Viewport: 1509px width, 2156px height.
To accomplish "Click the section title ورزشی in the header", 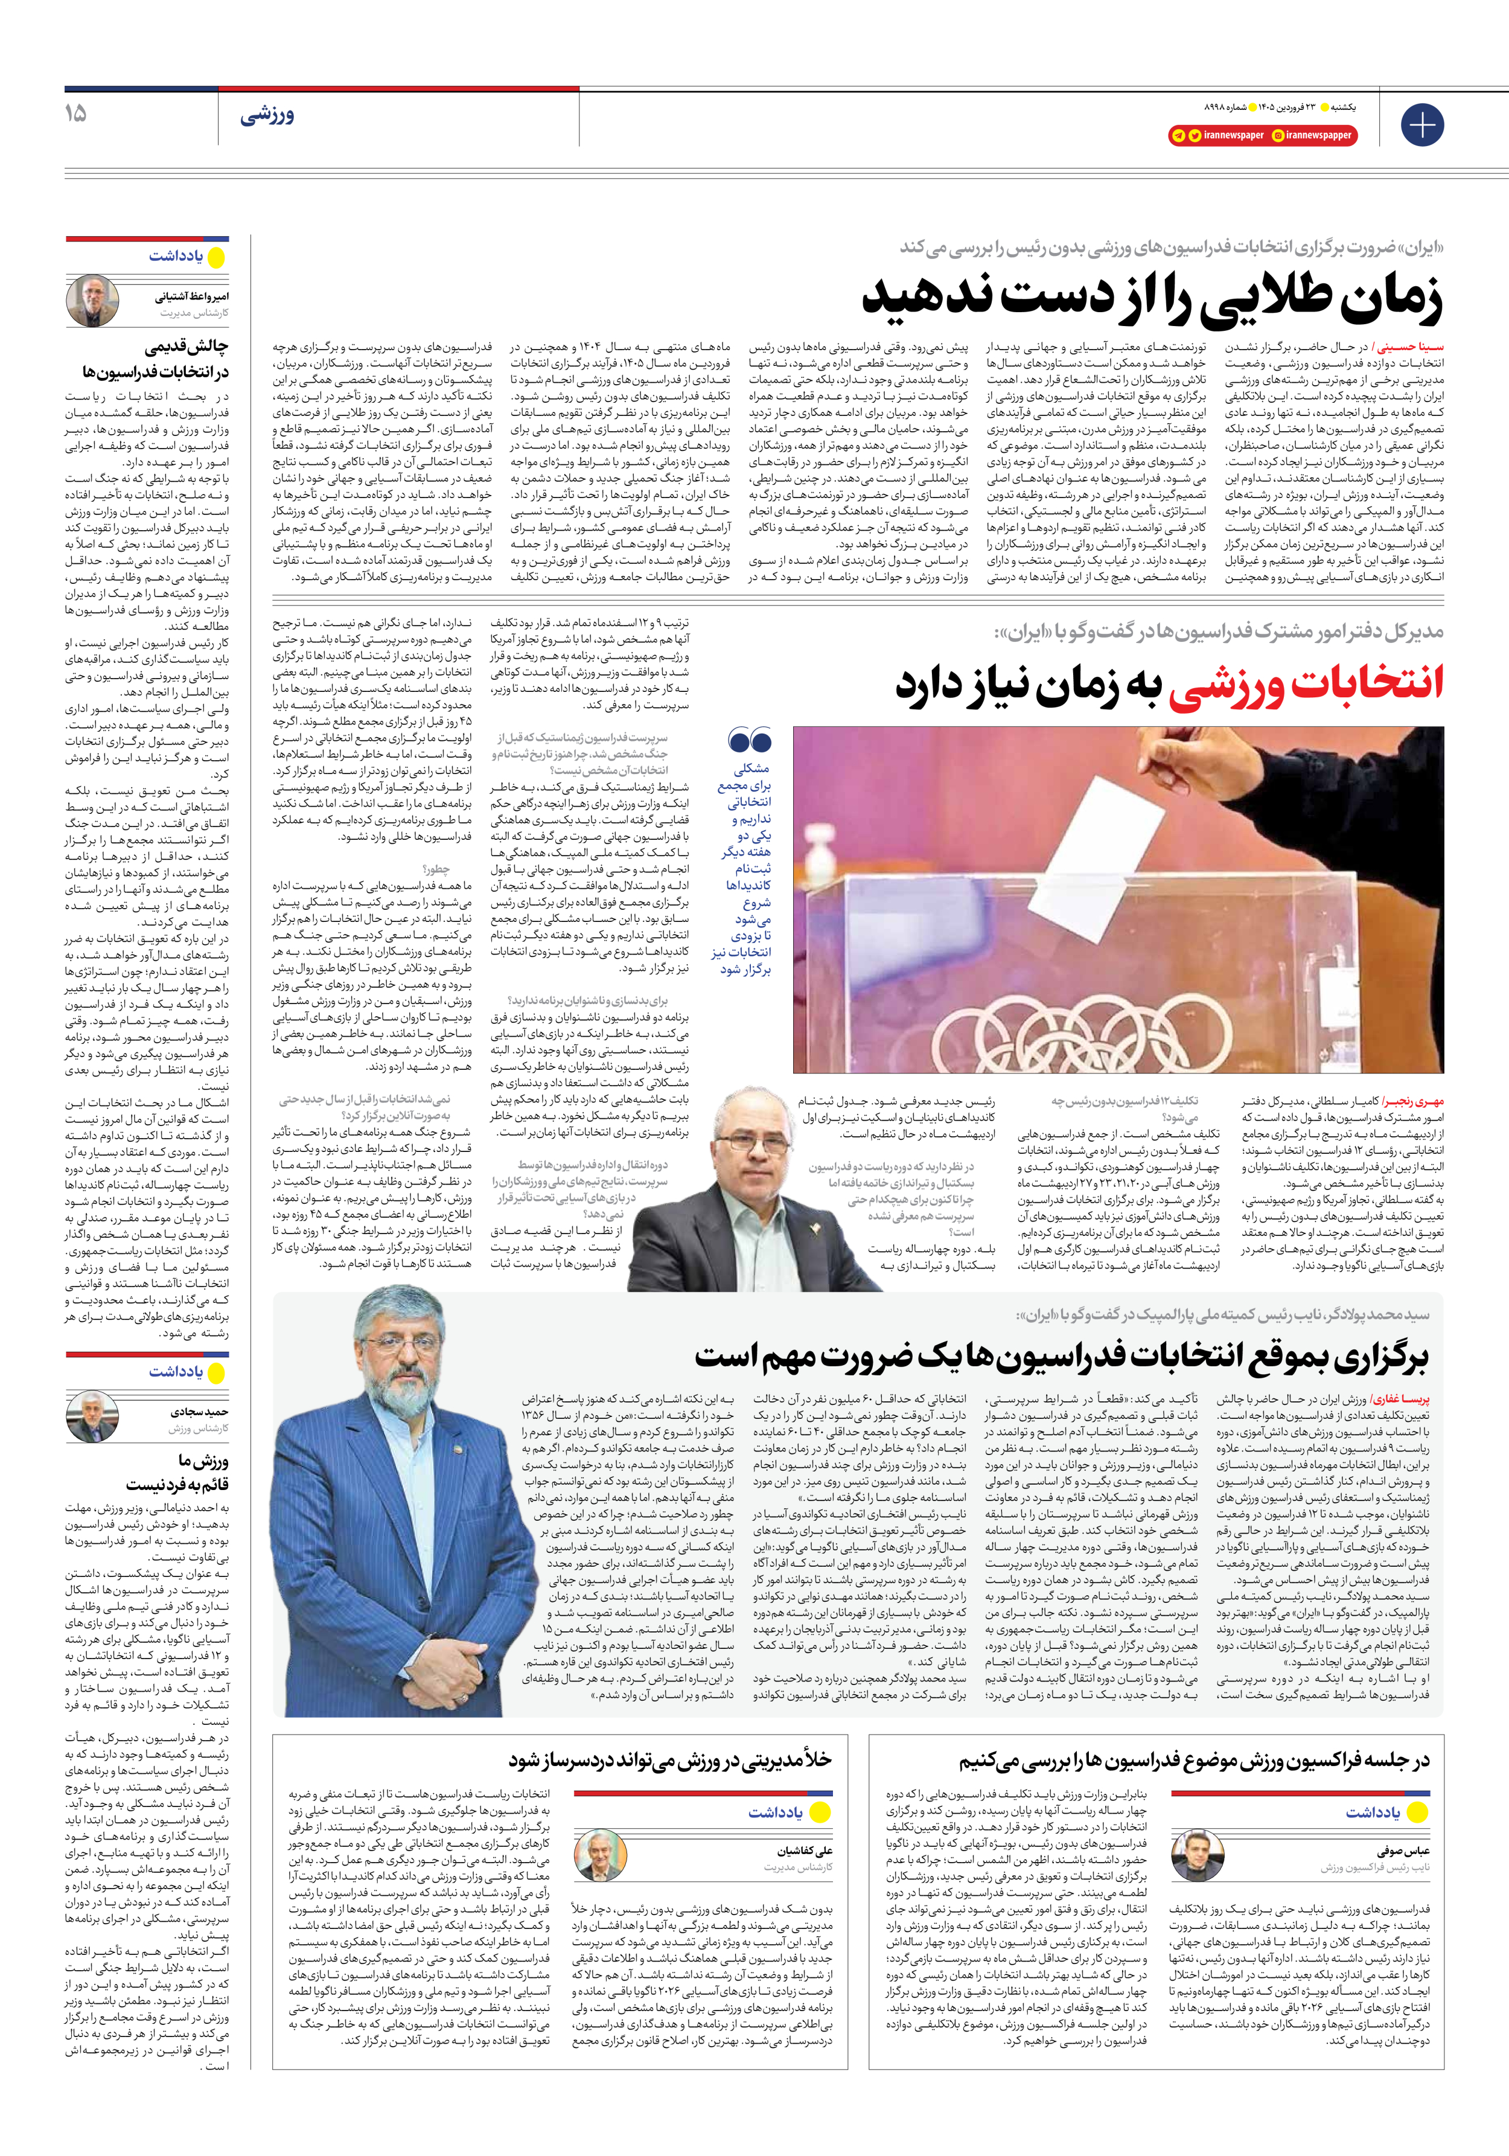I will pyautogui.click(x=267, y=115).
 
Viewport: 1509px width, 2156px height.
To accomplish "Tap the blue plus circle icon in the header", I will pyautogui.click(x=1421, y=124).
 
